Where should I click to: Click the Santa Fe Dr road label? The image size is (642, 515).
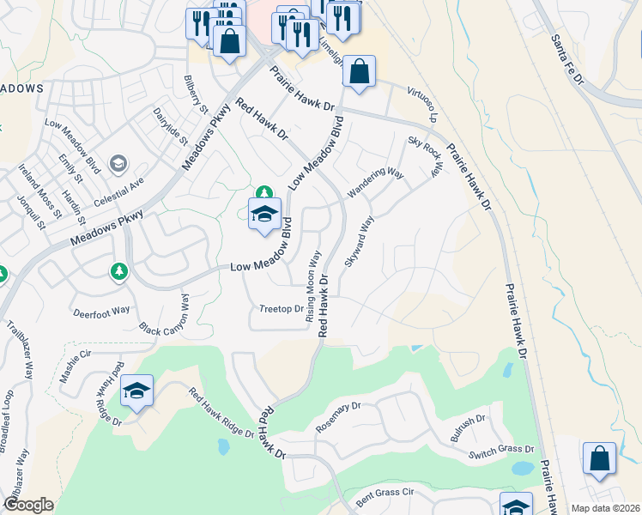(x=567, y=60)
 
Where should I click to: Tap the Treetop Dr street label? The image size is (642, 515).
(x=282, y=309)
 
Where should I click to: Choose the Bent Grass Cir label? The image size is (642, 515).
(x=385, y=494)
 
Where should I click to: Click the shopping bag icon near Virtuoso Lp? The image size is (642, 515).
(x=360, y=74)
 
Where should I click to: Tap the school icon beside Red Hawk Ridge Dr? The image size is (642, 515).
(x=136, y=391)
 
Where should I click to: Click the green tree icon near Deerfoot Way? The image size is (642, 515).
(x=119, y=271)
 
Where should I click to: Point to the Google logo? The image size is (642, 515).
(x=28, y=505)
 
